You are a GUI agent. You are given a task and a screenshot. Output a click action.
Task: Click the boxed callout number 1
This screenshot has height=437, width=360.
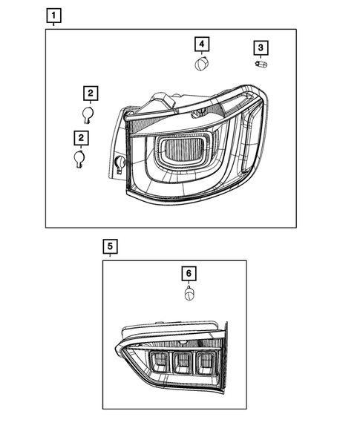coord(54,14)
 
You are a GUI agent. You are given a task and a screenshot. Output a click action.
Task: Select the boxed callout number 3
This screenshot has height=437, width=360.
coord(260,48)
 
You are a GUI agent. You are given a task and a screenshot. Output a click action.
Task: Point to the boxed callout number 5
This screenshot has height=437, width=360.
coord(109,244)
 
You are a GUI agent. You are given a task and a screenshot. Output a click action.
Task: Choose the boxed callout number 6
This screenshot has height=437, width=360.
coord(189,273)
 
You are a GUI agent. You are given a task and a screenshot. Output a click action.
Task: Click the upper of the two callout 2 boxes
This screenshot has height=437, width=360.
coord(89,93)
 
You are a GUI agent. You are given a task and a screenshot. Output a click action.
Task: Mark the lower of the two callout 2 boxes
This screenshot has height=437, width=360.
coord(79,137)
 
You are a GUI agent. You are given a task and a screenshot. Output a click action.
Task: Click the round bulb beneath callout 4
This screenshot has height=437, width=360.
coord(200,65)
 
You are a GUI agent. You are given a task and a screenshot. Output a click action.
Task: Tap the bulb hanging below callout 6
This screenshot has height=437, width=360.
coord(189,294)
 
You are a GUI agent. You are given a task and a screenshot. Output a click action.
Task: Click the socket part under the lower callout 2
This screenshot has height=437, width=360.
coord(79,159)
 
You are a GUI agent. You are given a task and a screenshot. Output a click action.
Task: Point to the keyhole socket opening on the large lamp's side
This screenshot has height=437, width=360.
coord(120,164)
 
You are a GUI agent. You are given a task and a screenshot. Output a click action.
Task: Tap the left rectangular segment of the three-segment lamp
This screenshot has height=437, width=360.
coord(159,362)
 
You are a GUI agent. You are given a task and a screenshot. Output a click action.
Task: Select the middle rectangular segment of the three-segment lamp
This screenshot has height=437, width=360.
coord(182,362)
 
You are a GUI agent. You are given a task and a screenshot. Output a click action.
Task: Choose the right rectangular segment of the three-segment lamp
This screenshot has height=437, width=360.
coord(204,362)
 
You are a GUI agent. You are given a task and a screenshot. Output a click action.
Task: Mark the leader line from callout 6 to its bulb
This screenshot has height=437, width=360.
coord(189,284)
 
